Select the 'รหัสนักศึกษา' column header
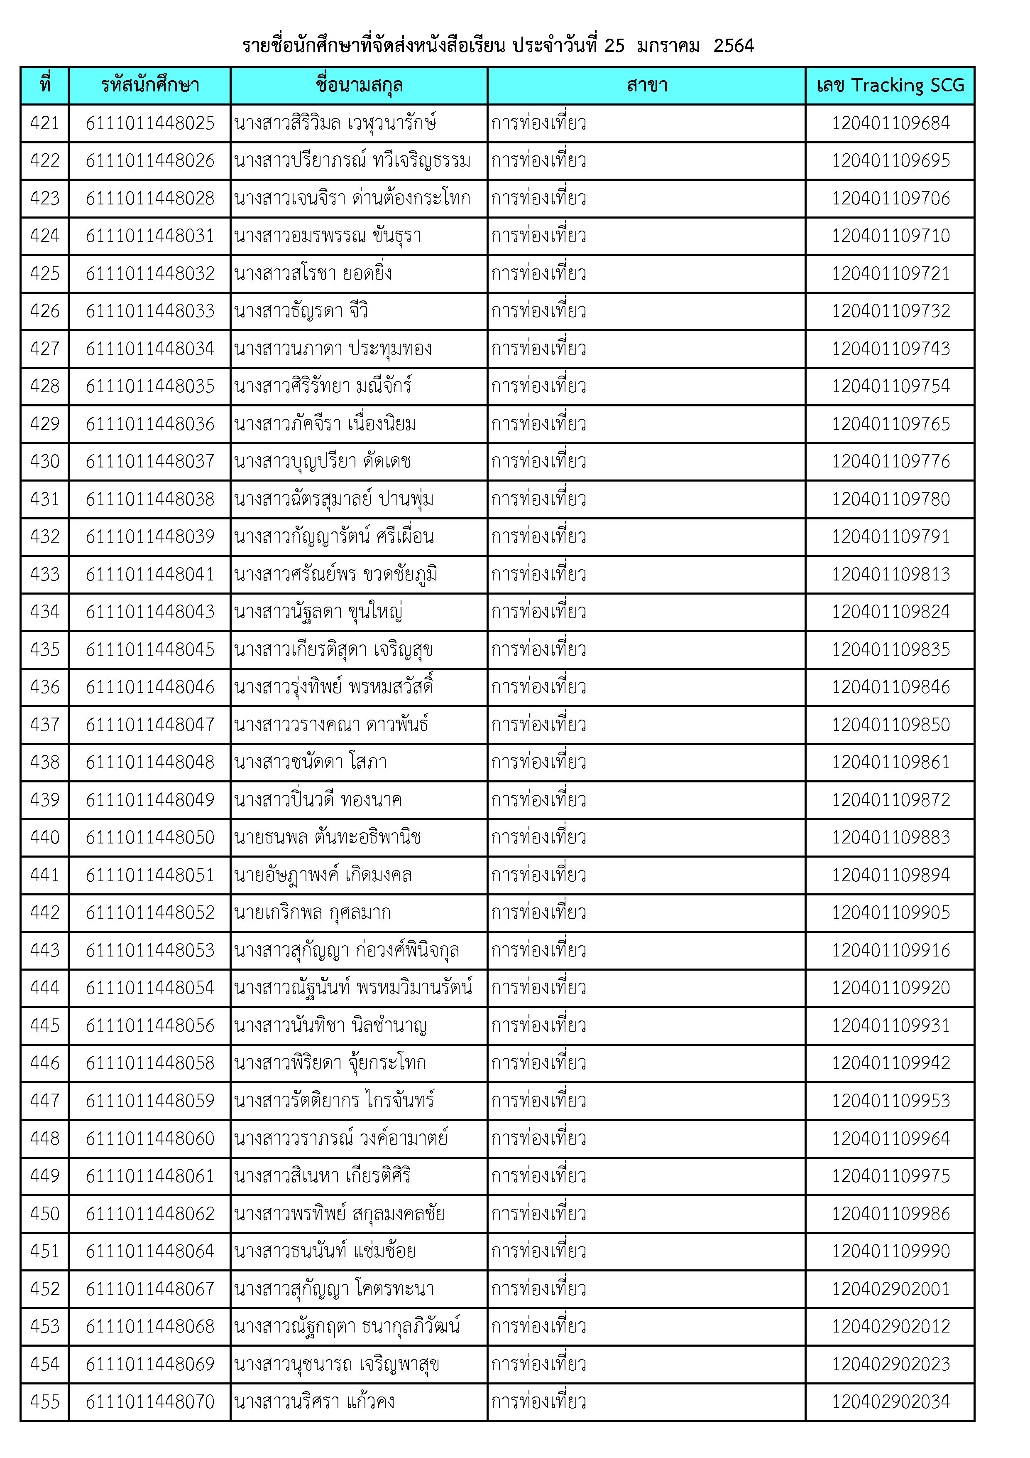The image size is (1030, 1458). pyautogui.click(x=150, y=85)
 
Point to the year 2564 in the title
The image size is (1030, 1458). pyautogui.click(x=733, y=46)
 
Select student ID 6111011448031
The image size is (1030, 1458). pyautogui.click(x=150, y=236)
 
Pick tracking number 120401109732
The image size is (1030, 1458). pyautogui.click(x=891, y=311)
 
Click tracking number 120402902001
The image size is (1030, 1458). pyautogui.click(x=891, y=1289)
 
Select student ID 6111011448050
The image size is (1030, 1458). pyautogui.click(x=150, y=838)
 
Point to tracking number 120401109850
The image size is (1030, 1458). pyautogui.click(x=891, y=725)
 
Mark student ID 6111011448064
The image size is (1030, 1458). pyautogui.click(x=150, y=1251)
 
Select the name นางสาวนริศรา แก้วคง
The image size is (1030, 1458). pyautogui.click(x=314, y=1402)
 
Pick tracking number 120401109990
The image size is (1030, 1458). pyautogui.click(x=891, y=1251)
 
